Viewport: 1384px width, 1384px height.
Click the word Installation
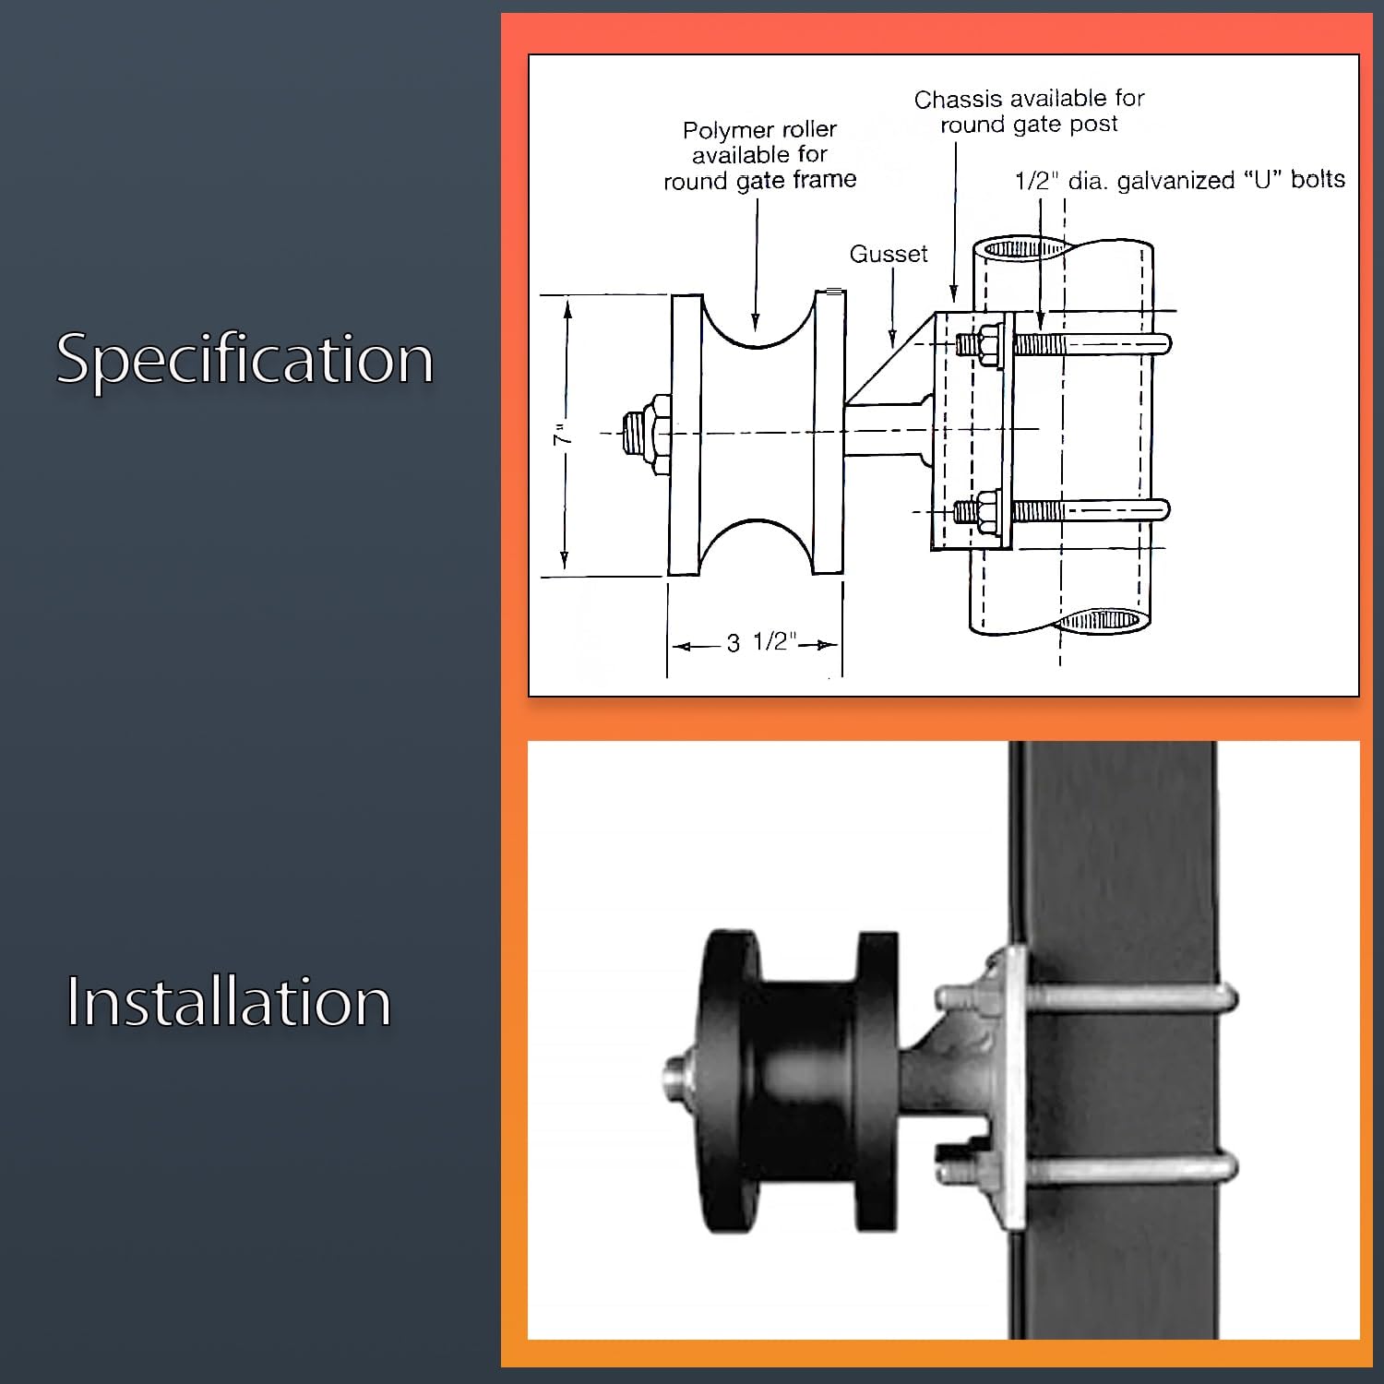(229, 1002)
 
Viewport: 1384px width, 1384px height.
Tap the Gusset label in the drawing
(889, 254)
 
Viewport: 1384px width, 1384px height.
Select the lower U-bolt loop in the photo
(1132, 1169)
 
